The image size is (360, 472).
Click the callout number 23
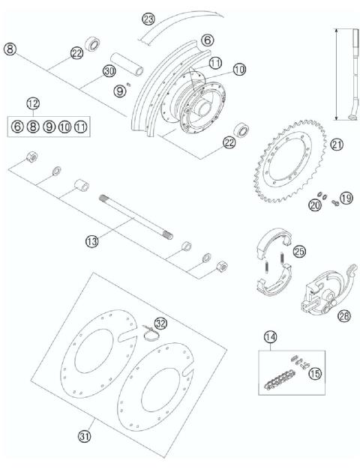148,19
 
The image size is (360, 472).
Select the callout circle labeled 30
109,72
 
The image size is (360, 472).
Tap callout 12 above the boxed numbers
33,103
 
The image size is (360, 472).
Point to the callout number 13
92,241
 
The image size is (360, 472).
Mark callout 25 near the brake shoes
299,252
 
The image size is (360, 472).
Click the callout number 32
160,323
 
